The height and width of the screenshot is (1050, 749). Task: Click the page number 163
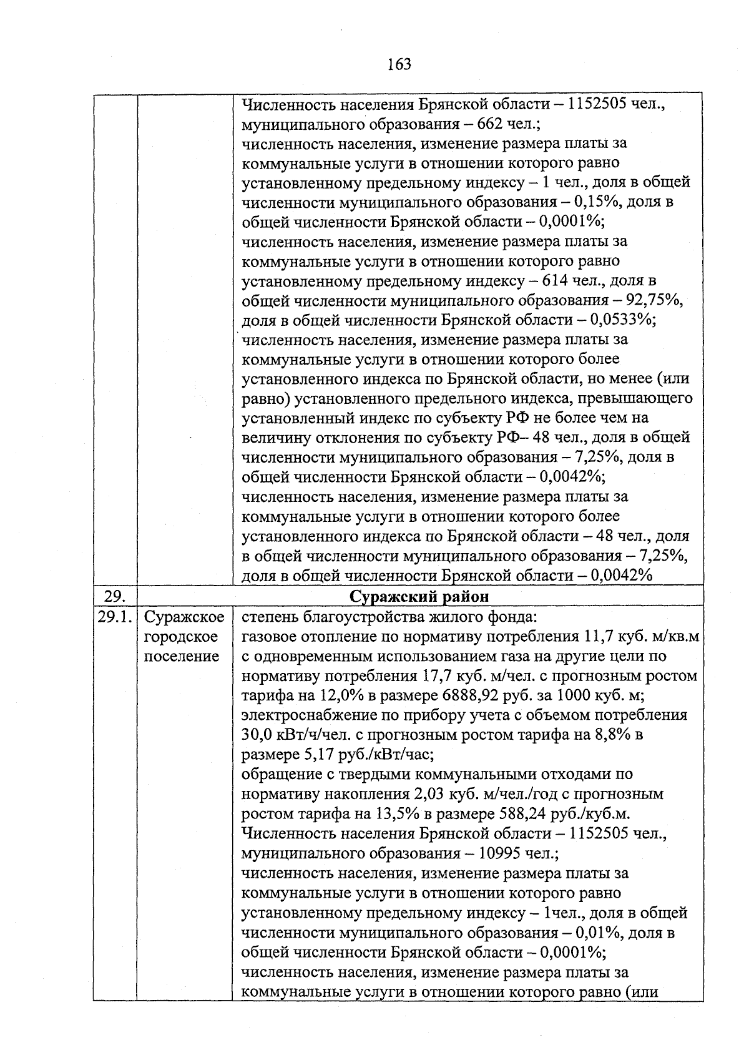(x=398, y=64)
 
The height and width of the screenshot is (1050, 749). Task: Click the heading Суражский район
(x=419, y=597)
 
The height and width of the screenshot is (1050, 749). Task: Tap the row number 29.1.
(x=114, y=617)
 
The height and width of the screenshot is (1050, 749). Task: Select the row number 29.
(x=114, y=597)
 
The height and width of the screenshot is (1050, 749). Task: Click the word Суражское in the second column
(x=184, y=617)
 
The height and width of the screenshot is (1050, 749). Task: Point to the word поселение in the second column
(x=182, y=656)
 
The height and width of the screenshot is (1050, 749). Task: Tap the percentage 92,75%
(x=653, y=300)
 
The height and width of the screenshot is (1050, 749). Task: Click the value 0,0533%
(x=619, y=320)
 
